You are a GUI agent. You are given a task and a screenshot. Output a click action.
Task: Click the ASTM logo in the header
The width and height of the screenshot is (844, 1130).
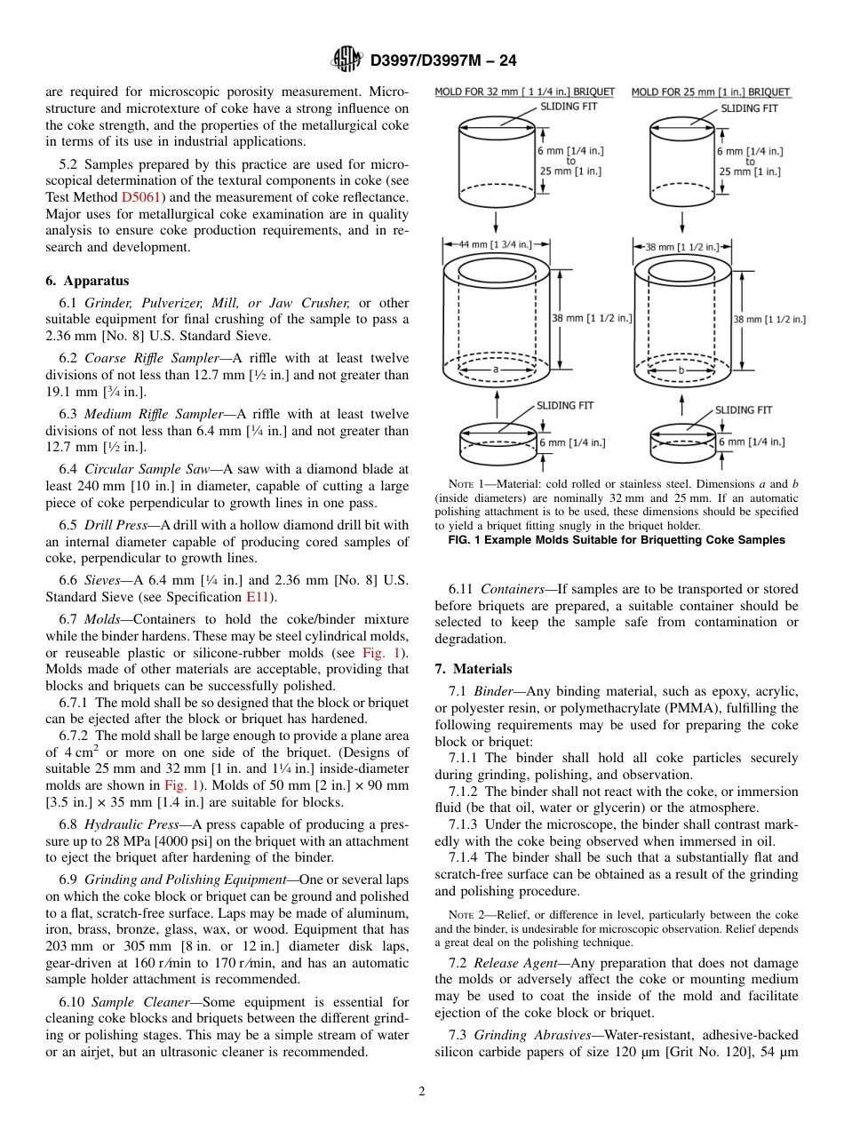346,60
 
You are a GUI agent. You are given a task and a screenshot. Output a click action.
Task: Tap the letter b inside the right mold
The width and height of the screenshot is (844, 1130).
681,368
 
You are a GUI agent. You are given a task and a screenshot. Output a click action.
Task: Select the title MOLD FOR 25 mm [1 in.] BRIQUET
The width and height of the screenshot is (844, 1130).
711,92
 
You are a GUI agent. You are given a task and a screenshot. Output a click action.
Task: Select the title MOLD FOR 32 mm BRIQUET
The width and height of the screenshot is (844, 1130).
524,92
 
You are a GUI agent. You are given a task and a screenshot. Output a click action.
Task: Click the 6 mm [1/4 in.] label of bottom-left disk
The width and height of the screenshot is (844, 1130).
572,442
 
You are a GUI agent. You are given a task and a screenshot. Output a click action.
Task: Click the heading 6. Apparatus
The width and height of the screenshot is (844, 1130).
87,281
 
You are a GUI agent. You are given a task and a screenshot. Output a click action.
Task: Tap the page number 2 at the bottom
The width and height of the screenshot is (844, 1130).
421,1092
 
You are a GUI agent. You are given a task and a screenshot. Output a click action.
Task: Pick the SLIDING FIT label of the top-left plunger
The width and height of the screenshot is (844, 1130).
569,107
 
